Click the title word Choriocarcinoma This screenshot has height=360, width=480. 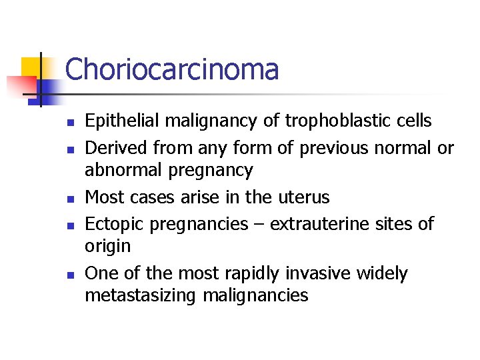[x=172, y=69]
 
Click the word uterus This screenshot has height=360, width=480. [x=304, y=197]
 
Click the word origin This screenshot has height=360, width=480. [x=107, y=247]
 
